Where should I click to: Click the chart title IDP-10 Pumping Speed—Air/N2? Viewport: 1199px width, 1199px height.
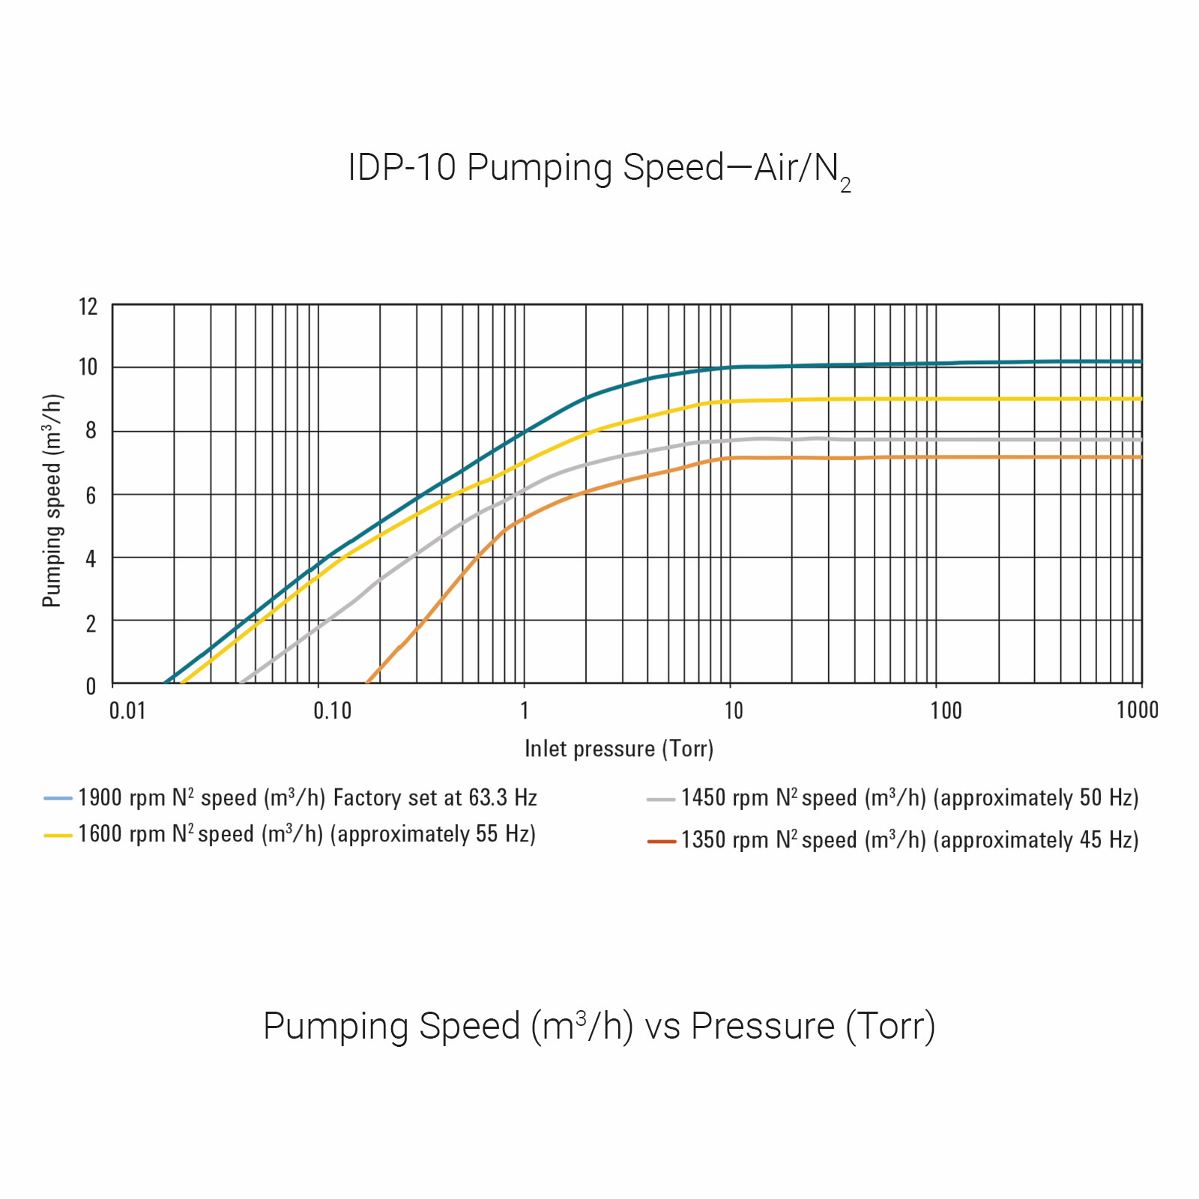coord(599,169)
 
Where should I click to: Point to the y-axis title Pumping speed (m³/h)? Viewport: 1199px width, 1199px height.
coord(52,501)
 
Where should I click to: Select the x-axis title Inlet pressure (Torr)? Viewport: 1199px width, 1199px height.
coord(619,749)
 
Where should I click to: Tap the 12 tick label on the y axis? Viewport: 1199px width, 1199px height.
coord(88,306)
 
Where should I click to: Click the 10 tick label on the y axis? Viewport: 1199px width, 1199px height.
coord(88,367)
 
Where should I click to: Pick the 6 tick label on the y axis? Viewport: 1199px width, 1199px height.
coord(91,495)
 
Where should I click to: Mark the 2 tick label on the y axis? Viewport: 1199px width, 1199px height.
coord(91,623)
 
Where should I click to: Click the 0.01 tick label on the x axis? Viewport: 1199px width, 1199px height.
coord(127,710)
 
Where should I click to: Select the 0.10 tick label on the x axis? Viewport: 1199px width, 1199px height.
coord(332,710)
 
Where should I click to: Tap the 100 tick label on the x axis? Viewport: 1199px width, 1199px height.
coord(946,710)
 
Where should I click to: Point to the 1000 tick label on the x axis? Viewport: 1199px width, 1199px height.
coord(1137,710)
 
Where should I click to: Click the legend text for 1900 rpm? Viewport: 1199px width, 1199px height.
coord(307,798)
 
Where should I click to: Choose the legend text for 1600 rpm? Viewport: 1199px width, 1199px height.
coord(306,834)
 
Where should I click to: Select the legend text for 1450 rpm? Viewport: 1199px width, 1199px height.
coord(910,798)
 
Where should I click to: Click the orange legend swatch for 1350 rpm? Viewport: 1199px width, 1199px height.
coord(662,842)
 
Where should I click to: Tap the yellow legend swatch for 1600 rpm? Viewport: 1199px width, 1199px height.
coord(58,835)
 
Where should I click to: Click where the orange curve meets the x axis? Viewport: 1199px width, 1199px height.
coord(367,682)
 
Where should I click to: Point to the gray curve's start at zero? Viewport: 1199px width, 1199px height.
coord(241,682)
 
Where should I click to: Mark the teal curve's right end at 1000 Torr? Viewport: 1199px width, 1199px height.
coord(1141,362)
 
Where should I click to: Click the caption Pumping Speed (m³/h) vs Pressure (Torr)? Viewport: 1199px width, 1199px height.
coord(599,1027)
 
